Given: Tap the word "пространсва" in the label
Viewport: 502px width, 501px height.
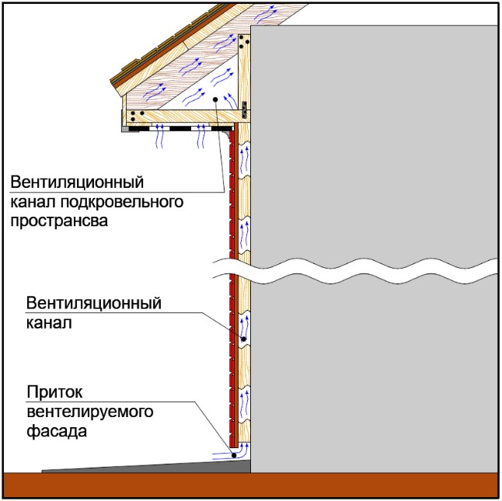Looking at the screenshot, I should (59, 221).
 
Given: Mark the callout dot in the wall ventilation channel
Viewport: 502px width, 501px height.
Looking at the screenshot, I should (242, 339).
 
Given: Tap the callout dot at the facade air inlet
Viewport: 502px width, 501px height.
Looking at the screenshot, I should (236, 447).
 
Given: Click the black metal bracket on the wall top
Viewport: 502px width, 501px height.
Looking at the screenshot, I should (246, 106).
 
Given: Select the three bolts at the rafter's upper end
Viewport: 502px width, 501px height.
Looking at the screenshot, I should (244, 40).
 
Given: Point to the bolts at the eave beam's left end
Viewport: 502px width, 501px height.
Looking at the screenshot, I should (137, 115).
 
